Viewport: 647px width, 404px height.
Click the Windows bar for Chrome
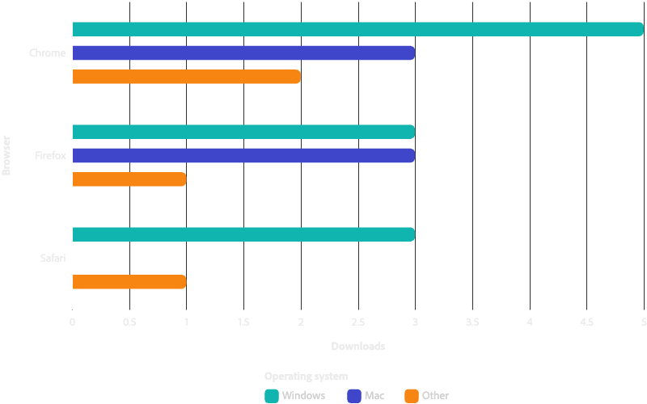[x=357, y=30]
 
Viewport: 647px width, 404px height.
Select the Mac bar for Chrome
[x=243, y=53]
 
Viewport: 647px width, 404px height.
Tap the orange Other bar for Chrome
[x=186, y=77]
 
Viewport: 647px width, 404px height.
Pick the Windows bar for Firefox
[x=243, y=132]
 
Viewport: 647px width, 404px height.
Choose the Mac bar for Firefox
[x=243, y=155]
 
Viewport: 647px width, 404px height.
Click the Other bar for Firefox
[x=129, y=179]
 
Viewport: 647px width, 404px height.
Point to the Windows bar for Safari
[x=243, y=234]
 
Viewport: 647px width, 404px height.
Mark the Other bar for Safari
[x=129, y=282]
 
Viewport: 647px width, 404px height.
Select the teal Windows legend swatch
[x=272, y=395]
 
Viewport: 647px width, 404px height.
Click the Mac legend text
[x=374, y=395]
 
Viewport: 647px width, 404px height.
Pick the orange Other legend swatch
[x=411, y=395]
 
